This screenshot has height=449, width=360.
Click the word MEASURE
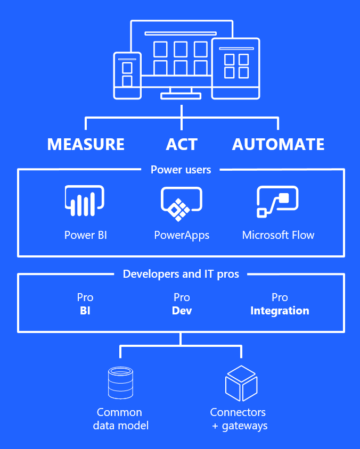[86, 144]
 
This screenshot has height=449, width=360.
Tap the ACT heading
[182, 144]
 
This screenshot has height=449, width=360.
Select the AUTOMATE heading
[278, 144]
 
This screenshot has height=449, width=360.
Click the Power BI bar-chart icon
[84, 202]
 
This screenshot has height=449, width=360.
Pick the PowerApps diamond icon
[181, 203]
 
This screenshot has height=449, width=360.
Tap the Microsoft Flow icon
[277, 202]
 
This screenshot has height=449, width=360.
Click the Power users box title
[181, 170]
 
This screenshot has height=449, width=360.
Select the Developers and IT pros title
[181, 274]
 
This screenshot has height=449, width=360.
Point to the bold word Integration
[280, 311]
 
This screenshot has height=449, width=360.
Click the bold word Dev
[182, 311]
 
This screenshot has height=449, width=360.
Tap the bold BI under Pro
[85, 311]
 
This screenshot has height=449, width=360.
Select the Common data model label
[120, 419]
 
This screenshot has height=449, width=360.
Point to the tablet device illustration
[235, 68]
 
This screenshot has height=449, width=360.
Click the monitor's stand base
[181, 96]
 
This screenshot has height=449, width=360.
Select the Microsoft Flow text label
[278, 235]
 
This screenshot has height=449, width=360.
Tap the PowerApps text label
[182, 235]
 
